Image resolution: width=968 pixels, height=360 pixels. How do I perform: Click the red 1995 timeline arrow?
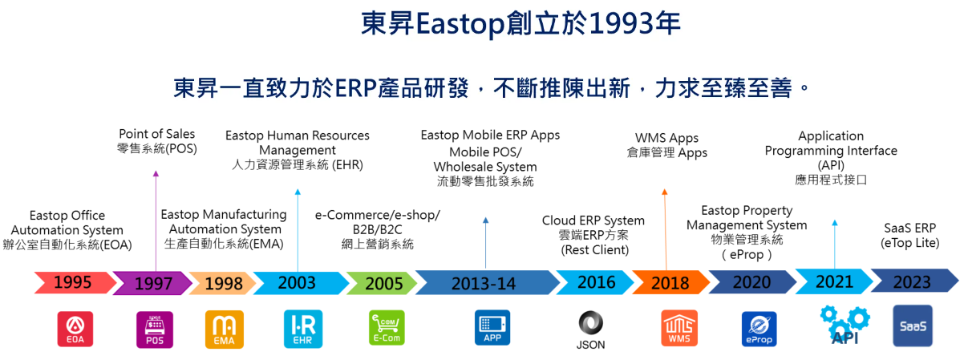(x=75, y=283)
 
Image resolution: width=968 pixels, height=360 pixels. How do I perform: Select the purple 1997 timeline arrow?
(x=152, y=283)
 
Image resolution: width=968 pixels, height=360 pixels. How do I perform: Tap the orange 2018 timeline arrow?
(x=670, y=283)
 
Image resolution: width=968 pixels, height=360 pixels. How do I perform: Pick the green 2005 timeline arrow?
(x=382, y=283)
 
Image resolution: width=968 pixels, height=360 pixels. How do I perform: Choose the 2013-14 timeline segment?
(x=487, y=283)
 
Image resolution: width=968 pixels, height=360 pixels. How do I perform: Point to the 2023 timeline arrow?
(x=914, y=281)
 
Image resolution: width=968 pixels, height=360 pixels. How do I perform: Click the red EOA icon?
(x=75, y=329)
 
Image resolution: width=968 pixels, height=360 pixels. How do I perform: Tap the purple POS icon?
(x=155, y=330)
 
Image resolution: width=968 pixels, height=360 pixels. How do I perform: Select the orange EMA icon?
(x=225, y=330)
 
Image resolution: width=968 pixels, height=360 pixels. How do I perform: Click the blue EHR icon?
(x=303, y=329)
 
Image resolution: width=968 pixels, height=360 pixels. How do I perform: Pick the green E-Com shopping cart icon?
(x=387, y=328)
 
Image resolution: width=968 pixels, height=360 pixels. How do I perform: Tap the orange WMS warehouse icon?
(x=679, y=328)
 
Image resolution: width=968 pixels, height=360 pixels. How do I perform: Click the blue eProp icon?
(x=759, y=329)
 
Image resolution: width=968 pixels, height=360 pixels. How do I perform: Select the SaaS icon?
(x=913, y=326)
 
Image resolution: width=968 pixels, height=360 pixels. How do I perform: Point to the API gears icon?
(x=844, y=325)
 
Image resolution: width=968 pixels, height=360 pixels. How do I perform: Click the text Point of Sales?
(x=157, y=134)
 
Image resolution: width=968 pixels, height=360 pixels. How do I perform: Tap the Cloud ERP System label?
(x=593, y=220)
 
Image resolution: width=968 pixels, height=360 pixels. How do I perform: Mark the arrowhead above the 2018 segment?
(x=665, y=192)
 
